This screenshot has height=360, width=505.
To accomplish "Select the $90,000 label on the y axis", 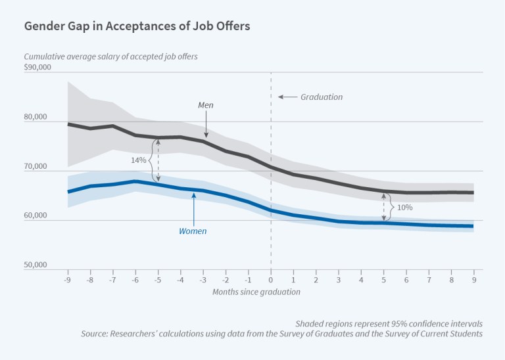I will click(37, 68).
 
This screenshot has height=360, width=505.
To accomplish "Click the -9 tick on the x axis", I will click(67, 279).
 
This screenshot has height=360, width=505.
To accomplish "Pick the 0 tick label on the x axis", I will click(271, 279).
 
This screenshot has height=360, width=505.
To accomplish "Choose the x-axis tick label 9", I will click(473, 279).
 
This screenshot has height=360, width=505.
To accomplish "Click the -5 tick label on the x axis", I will click(157, 279).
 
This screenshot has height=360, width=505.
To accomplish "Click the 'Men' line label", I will click(206, 104).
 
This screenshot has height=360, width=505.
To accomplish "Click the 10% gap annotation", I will click(405, 208).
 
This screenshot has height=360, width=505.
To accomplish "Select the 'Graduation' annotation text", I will click(322, 97).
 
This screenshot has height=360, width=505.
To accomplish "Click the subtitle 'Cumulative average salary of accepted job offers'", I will click(111, 56).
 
